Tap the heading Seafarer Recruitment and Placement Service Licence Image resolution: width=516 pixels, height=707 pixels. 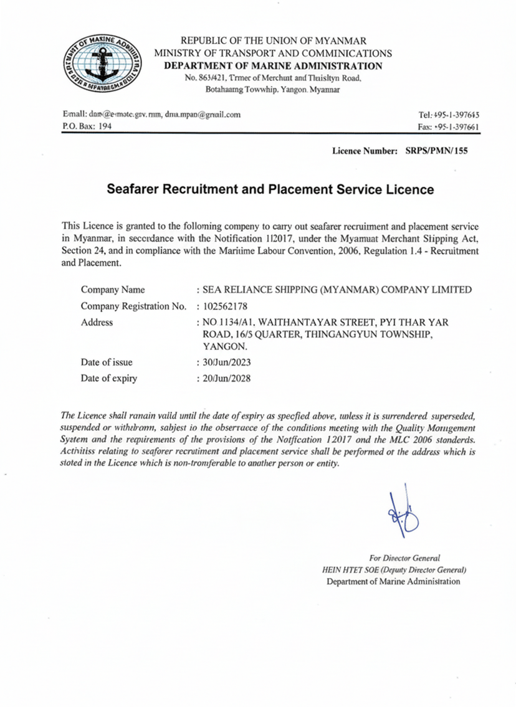(x=270, y=189)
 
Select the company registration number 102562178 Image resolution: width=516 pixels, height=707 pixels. (x=224, y=306)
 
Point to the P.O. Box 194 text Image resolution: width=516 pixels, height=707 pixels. (x=87, y=126)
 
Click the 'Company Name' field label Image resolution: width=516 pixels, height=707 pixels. (x=113, y=290)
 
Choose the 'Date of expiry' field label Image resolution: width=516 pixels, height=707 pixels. (x=109, y=378)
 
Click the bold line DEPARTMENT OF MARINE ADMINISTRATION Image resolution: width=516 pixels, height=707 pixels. (x=273, y=66)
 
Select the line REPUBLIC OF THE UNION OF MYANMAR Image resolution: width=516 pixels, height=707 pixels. (x=273, y=40)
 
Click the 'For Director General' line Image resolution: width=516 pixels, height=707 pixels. (x=404, y=558)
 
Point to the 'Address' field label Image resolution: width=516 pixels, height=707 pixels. (x=97, y=322)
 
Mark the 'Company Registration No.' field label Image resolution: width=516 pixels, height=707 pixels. (x=133, y=306)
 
